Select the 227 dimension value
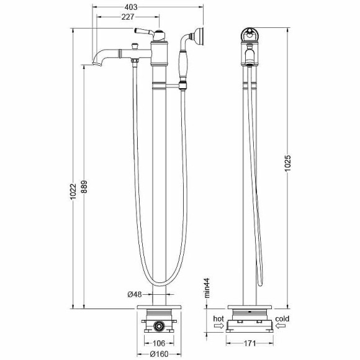coord(128,18)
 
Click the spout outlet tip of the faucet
coord(88,63)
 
